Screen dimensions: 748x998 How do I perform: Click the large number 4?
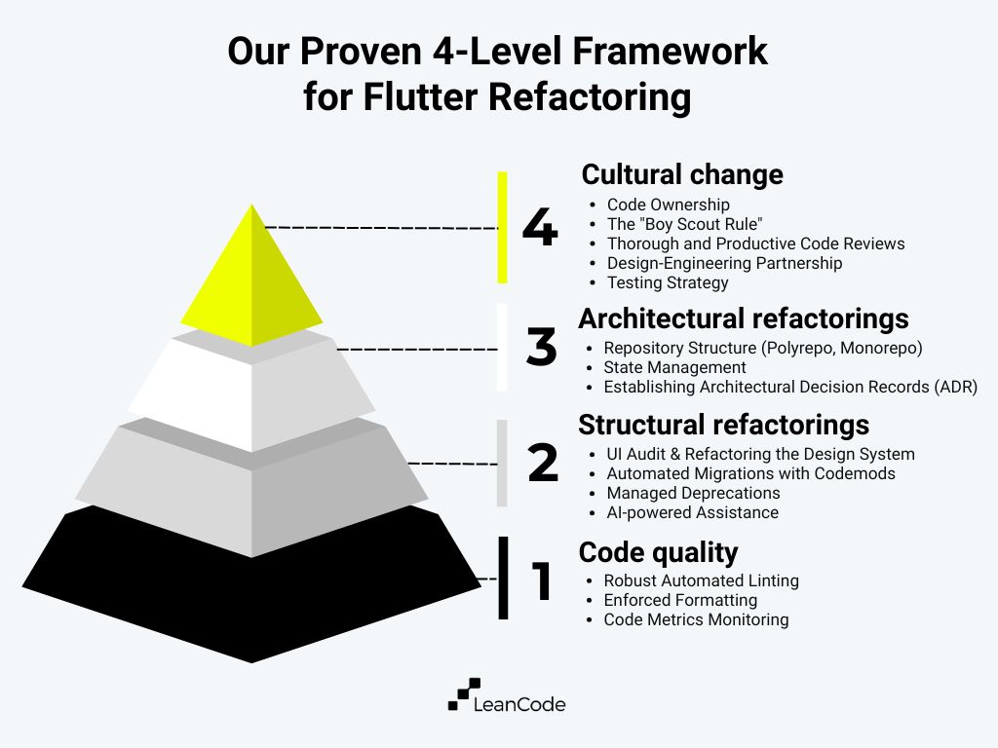[x=539, y=229]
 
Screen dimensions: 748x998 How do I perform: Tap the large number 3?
[x=541, y=348]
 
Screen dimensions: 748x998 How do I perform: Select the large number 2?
[x=543, y=464]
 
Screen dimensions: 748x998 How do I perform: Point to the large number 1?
[x=540, y=580]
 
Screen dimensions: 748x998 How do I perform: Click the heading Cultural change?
[x=682, y=174]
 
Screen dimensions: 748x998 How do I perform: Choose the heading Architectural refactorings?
[x=744, y=318]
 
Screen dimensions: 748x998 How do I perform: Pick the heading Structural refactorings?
[x=724, y=425]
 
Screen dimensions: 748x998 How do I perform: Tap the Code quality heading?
[x=658, y=552]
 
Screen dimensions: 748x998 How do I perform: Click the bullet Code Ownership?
[x=668, y=205]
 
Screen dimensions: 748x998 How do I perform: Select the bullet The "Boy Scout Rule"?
[x=684, y=224]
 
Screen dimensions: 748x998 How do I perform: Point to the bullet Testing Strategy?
[x=668, y=282]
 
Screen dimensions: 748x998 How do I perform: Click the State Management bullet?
[x=674, y=367]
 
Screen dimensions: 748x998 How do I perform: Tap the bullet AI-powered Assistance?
[x=692, y=512]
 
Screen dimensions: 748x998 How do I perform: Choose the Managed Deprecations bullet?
[x=693, y=493]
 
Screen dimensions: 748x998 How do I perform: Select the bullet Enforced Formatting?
[x=680, y=600]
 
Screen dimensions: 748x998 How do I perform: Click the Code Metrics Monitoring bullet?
[x=696, y=619]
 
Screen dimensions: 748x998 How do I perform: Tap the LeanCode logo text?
[x=518, y=703]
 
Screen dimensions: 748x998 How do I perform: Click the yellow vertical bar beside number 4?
[x=503, y=227]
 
